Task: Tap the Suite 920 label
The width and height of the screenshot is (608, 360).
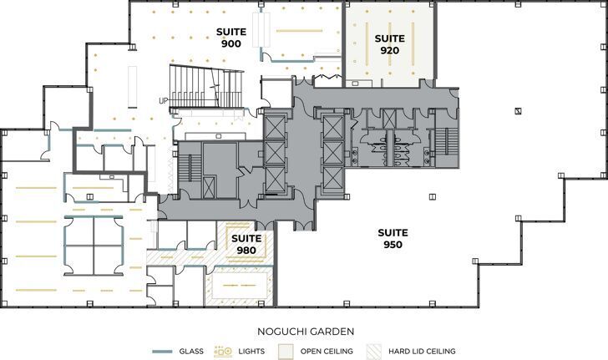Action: pos(389,44)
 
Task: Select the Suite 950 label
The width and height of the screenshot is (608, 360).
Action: pos(393,238)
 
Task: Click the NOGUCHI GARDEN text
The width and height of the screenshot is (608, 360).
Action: pos(304,332)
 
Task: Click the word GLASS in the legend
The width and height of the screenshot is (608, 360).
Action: pos(191,352)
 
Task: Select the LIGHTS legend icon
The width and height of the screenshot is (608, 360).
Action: pos(223,352)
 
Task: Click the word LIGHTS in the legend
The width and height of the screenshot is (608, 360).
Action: pos(251,352)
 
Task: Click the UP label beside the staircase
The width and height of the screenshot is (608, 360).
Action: pos(163,101)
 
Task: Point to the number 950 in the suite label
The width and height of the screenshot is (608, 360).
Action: pos(393,245)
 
